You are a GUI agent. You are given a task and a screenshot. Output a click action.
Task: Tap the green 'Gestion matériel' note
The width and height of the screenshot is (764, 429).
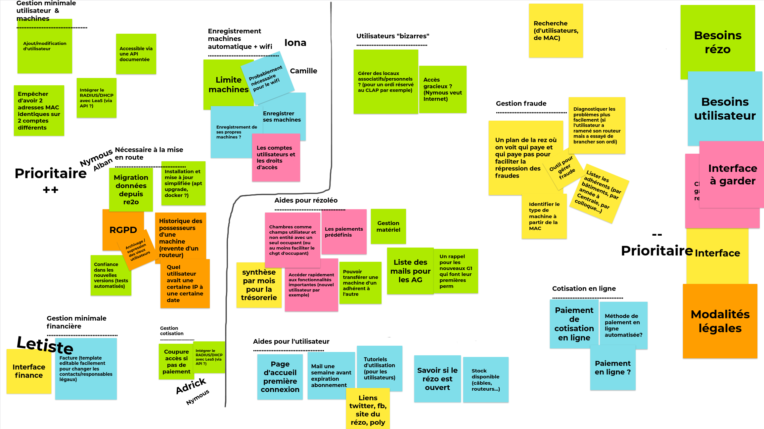pos(388,226)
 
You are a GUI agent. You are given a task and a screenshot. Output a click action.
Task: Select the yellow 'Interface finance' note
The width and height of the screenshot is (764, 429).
pos(29,371)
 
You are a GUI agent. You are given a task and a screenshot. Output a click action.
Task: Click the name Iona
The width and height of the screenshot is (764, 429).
pos(295,43)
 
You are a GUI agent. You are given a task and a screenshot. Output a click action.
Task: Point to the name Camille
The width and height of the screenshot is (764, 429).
pos(303,71)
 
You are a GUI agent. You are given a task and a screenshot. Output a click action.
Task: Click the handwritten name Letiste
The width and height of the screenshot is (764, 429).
pos(45,344)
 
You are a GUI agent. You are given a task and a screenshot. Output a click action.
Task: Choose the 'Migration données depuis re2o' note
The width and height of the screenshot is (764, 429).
pos(131,189)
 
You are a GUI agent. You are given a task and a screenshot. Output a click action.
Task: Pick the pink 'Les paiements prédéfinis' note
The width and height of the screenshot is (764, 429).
pos(344,232)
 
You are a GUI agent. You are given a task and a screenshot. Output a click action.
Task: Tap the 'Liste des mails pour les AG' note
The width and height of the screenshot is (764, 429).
pos(410,271)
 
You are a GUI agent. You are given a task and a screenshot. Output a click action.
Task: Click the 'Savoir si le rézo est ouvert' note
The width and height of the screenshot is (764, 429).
pos(437,379)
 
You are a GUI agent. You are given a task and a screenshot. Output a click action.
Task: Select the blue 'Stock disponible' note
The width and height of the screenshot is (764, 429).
pos(485,380)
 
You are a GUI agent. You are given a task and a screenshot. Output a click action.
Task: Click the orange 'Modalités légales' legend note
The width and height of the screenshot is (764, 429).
pos(720,321)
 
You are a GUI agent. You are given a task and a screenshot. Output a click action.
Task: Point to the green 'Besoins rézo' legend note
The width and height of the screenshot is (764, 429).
pos(717,42)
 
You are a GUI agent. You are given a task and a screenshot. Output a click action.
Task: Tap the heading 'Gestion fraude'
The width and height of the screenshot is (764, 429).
pos(521,103)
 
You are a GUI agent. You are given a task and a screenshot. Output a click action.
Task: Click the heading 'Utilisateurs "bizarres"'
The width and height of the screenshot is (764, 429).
pos(392,36)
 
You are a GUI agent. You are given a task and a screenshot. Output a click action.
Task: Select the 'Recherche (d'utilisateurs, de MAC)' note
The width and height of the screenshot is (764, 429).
pos(556,31)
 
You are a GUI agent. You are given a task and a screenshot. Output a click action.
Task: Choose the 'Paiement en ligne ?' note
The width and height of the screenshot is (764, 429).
pos(612,368)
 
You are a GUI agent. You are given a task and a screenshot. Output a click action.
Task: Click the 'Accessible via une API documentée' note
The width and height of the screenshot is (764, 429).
pos(136,54)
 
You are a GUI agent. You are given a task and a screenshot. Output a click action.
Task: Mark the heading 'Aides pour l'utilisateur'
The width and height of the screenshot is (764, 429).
pos(291,341)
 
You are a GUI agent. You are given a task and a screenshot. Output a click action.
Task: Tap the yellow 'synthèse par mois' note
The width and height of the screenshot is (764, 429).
pos(259,285)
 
